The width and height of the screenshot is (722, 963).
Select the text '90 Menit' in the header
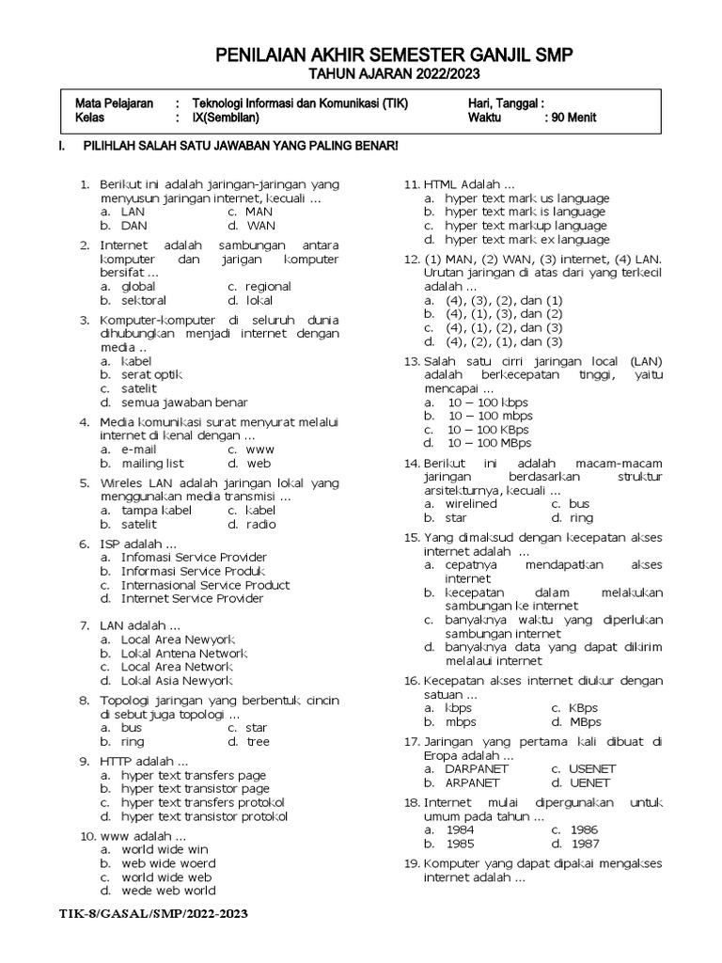pos(570,118)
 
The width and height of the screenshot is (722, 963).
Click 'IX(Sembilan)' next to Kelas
pos(226,118)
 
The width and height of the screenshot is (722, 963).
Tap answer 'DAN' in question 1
pos(134,226)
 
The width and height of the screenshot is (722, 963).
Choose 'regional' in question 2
pos(268,286)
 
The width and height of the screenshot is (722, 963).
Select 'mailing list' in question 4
pos(152,464)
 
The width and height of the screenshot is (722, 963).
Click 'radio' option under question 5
pos(261,524)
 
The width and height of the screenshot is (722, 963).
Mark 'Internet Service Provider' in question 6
pos(192,599)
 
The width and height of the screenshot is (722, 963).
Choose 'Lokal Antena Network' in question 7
pos(183,653)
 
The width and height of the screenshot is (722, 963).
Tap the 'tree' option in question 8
pos(258,742)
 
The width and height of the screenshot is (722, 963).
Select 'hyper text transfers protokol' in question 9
pos(203,802)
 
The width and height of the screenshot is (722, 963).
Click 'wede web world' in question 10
pos(168,890)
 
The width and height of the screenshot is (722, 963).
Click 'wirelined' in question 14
pos(471,503)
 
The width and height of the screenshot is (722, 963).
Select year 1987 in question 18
pos(584,844)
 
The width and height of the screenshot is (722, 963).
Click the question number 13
pos(410,360)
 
